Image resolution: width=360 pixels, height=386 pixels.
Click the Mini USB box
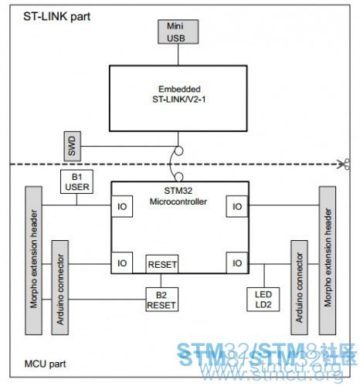[178, 32]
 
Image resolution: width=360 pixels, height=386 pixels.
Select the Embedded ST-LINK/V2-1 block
[178, 98]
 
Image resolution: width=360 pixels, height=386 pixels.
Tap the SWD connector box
[73, 146]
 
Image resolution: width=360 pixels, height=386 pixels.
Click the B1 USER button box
[76, 181]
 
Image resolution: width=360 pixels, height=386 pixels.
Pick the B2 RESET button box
[161, 300]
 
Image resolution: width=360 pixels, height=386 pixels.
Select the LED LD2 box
[263, 300]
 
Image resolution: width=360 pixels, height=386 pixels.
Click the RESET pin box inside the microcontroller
[162, 264]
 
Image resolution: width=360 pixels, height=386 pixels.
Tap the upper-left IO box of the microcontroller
[122, 206]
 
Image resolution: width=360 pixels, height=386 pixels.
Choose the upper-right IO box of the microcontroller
[237, 206]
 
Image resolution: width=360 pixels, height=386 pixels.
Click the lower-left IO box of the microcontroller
[122, 262]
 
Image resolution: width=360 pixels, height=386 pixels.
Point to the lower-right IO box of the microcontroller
[237, 262]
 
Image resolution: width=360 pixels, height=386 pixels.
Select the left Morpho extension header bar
[33, 260]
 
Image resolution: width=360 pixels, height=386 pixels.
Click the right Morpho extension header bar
[328, 260]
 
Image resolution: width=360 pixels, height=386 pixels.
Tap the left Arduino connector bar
[60, 287]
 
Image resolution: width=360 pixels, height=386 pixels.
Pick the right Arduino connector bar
[299, 287]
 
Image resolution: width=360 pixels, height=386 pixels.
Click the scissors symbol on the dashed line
[344, 164]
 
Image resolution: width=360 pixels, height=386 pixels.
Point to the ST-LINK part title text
[57, 17]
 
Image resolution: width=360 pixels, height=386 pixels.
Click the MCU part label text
[45, 364]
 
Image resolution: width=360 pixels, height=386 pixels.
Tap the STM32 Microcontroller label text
[178, 196]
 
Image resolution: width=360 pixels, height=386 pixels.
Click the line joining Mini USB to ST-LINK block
[178, 55]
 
